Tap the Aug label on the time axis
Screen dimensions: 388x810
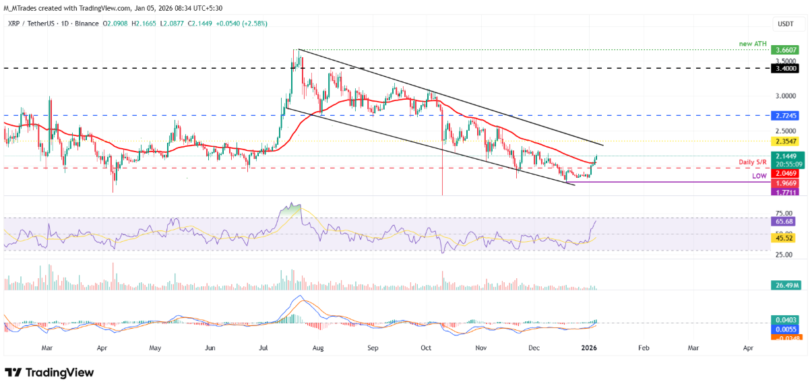pos(318,348)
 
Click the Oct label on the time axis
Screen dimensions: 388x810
pos(425,348)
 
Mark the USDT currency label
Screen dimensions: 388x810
pos(786,24)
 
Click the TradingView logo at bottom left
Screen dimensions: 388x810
pos(50,373)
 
